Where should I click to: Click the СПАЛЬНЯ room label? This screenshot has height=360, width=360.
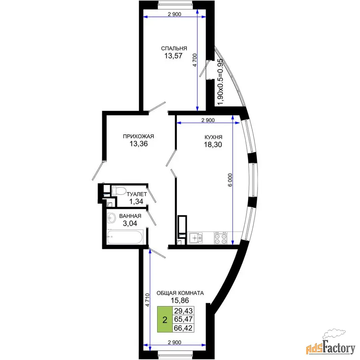pyautogui.click(x=174, y=48)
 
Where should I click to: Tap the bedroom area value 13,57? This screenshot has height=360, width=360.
pyautogui.click(x=173, y=56)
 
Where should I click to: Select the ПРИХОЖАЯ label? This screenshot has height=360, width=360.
pyautogui.click(x=138, y=136)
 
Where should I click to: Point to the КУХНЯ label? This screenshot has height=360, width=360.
pyautogui.click(x=213, y=137)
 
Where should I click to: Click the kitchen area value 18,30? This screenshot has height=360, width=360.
pyautogui.click(x=213, y=145)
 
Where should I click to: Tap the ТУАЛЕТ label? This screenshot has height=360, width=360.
pyautogui.click(x=137, y=194)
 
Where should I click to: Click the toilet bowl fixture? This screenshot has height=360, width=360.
pyautogui.click(x=118, y=191)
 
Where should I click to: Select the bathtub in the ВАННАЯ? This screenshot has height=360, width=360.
pyautogui.click(x=125, y=237)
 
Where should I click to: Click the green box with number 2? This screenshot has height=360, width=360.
pyautogui.click(x=165, y=319)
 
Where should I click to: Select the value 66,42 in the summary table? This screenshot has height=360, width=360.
pyautogui.click(x=183, y=328)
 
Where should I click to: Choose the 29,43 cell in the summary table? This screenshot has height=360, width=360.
pyautogui.click(x=183, y=311)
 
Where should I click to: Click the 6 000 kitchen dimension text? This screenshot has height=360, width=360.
pyautogui.click(x=230, y=180)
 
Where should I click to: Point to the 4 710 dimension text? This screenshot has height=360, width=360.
pyautogui.click(x=147, y=300)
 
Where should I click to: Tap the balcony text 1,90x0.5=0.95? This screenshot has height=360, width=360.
pyautogui.click(x=220, y=82)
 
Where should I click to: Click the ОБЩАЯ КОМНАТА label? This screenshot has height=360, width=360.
pyautogui.click(x=180, y=293)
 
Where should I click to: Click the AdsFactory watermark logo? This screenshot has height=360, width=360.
pyautogui.click(x=331, y=343)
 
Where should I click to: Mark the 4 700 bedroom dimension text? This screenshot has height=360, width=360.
pyautogui.click(x=195, y=60)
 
